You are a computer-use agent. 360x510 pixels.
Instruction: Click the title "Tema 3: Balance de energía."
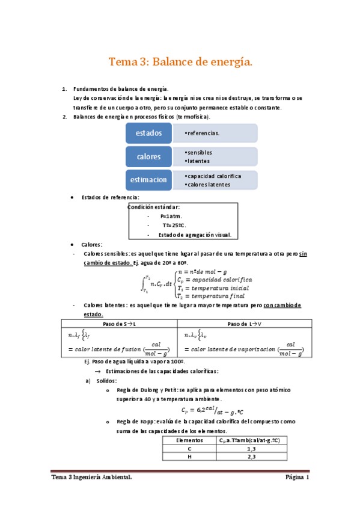[x=180, y=62]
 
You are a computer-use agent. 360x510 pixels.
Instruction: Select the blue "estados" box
[x=148, y=133]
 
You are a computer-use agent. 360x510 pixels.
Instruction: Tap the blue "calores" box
[x=148, y=156]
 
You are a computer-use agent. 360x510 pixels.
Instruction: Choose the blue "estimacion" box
[x=148, y=179]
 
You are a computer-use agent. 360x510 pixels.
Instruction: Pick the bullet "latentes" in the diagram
[x=199, y=161]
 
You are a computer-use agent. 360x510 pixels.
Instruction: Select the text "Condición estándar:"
[x=154, y=207]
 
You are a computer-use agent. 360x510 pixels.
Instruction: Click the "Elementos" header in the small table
[x=189, y=440]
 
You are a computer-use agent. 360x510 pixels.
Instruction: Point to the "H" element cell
[x=189, y=457]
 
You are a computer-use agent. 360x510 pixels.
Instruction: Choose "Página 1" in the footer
[x=296, y=478]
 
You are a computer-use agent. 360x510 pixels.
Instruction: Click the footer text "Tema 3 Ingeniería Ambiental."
[x=92, y=478]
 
